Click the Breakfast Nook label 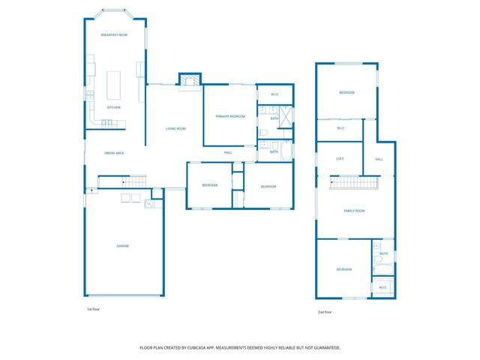114,35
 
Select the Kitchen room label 114,107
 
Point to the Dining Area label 114,154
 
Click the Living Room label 175,129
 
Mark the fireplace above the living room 190,79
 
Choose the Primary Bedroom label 230,116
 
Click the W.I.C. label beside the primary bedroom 274,94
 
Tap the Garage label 122,246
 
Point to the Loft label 340,158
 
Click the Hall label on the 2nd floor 379,159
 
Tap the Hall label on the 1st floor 228,153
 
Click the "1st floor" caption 93,308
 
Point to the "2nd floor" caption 325,312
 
